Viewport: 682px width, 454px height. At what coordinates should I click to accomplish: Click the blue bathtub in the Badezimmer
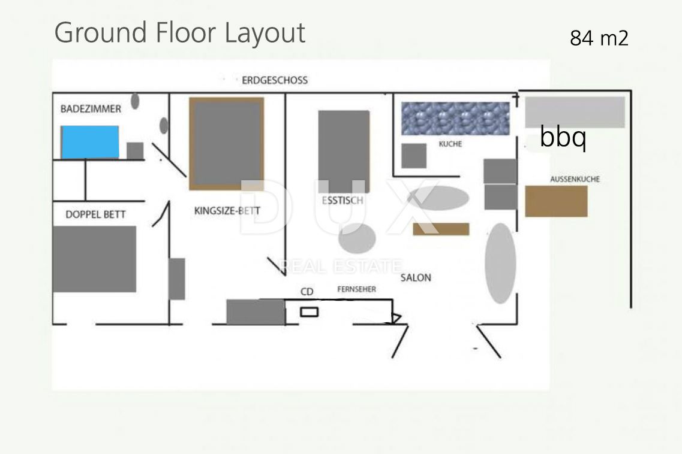(90, 142)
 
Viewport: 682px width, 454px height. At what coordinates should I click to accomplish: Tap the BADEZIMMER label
(91, 108)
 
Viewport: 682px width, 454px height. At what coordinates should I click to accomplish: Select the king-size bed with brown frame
(227, 144)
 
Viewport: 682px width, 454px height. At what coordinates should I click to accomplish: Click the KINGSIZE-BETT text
(227, 211)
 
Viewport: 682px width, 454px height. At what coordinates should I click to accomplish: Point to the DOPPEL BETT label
(96, 214)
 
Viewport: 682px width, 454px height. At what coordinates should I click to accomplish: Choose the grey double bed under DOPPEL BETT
(94, 259)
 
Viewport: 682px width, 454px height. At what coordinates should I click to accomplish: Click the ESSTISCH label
(342, 200)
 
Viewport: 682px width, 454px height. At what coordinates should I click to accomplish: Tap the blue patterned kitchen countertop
(455, 119)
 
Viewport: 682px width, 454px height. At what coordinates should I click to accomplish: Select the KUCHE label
(450, 144)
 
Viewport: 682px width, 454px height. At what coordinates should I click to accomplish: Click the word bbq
(563, 137)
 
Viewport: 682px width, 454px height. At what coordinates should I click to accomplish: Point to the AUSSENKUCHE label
(575, 179)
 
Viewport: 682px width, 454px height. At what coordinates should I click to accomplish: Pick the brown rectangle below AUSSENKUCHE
(556, 201)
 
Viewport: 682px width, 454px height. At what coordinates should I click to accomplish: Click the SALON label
(416, 278)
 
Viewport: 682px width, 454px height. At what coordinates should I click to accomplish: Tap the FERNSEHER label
(357, 289)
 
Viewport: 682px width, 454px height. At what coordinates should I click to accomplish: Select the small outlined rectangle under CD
(310, 311)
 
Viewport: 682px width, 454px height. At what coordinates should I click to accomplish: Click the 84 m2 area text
(599, 38)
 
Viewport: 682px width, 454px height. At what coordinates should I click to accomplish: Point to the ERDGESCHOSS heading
(275, 80)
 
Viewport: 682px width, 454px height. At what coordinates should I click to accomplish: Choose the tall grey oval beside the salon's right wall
(501, 264)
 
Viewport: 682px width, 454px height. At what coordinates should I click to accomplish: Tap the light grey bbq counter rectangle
(575, 112)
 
